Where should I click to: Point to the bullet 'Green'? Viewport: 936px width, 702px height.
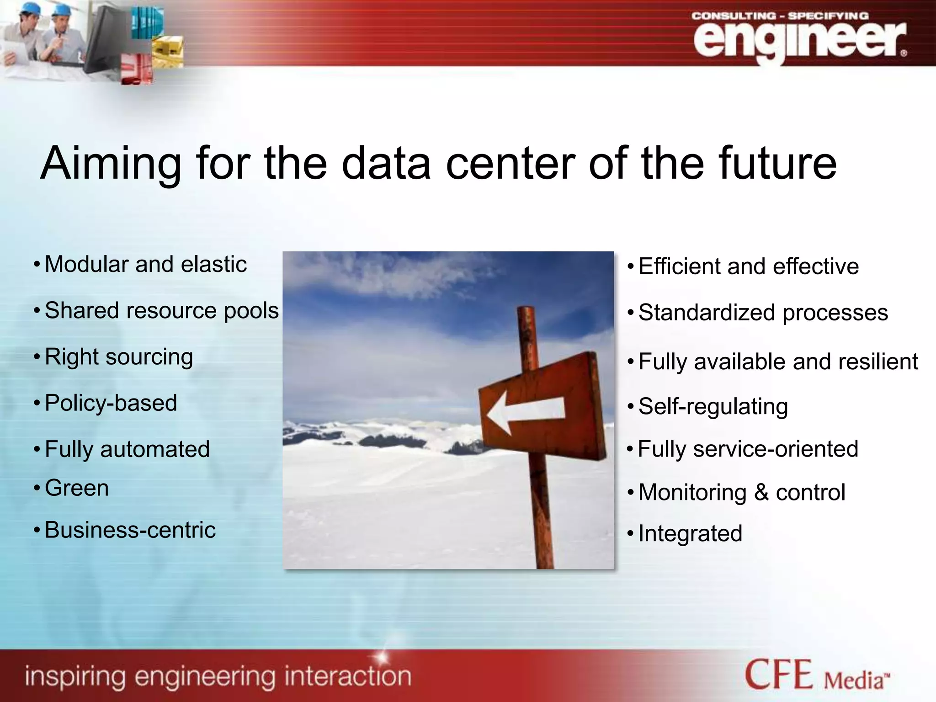point(77,488)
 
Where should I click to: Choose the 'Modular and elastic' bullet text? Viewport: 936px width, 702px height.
point(146,264)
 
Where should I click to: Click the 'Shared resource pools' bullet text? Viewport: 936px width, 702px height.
point(161,311)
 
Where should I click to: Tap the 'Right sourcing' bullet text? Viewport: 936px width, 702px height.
point(119,357)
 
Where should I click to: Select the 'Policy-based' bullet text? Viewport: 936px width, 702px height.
point(111,403)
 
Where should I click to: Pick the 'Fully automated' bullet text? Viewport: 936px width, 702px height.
point(127,449)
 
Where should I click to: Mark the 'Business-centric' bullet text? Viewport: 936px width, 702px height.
point(130,530)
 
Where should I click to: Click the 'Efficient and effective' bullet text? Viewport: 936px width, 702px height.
point(748,266)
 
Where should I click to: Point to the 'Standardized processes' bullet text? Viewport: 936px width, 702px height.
point(763,313)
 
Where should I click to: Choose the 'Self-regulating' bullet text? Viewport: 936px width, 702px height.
point(713,406)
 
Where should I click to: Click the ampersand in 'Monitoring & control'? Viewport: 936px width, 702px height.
point(761,493)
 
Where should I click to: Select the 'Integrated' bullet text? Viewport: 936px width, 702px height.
point(690,533)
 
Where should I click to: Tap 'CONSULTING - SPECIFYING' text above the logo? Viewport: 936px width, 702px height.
point(780,16)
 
